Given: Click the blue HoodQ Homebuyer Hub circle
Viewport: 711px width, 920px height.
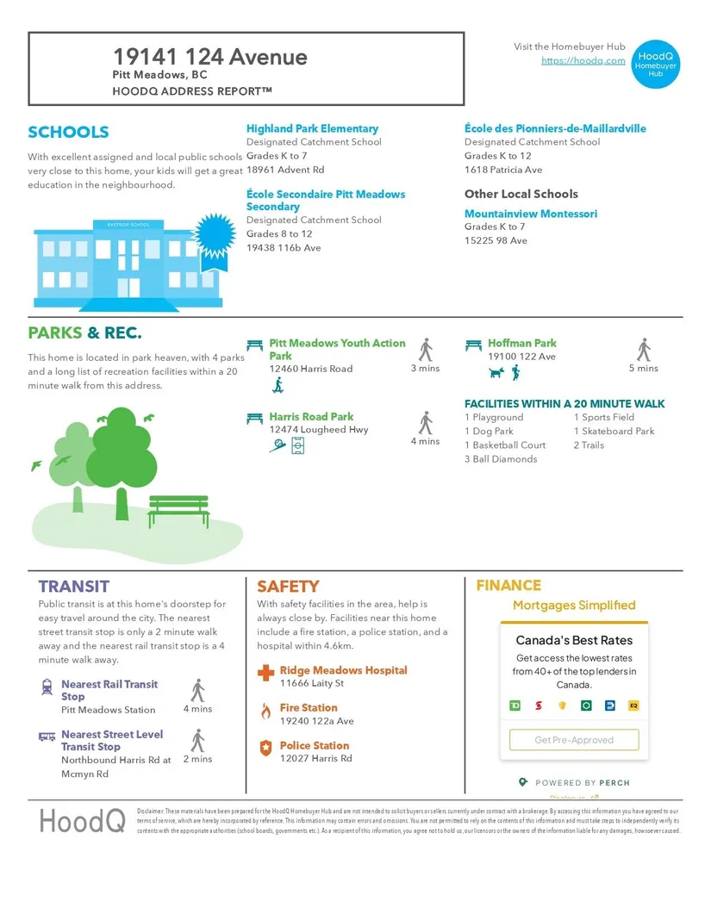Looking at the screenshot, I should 656,63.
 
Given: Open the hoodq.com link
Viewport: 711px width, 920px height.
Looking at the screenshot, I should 583,60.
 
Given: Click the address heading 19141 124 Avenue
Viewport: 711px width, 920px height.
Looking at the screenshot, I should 209,57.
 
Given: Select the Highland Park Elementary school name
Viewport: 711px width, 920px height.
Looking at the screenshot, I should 312,128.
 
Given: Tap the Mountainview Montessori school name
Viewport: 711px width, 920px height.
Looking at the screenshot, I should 530,214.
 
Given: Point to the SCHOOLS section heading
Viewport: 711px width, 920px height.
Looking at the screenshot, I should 68,132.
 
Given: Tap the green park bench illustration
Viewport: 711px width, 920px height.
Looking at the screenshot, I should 178,510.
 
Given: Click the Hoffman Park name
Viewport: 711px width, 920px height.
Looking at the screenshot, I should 522,343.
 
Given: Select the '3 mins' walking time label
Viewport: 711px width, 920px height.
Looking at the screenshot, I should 425,369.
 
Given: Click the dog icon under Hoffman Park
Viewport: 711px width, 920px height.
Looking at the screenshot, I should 496,372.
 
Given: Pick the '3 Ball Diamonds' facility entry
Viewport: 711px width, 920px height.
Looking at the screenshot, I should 501,459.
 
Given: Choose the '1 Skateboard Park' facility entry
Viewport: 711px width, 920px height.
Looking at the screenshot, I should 614,431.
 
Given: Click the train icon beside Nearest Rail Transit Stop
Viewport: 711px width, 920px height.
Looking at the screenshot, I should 47,687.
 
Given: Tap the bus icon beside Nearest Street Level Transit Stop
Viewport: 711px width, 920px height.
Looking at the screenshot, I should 47,737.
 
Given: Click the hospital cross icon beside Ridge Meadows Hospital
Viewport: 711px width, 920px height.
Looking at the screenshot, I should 265,671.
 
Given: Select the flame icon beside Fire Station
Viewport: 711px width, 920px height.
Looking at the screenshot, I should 265,711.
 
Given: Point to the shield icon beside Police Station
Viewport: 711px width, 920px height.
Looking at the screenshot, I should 265,747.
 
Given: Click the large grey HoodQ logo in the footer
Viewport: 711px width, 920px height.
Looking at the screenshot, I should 82,821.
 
